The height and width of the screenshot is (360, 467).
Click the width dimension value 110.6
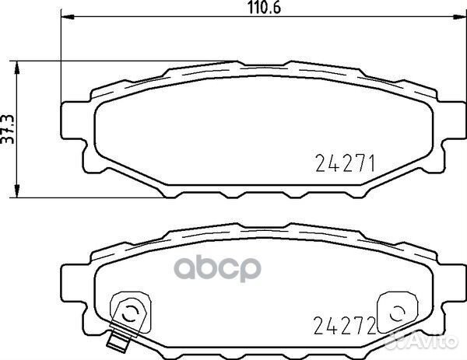[x=265, y=8]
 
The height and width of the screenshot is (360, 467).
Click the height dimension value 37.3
[x=8, y=129]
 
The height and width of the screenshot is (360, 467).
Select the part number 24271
[x=345, y=163]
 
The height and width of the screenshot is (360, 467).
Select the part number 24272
[x=344, y=325]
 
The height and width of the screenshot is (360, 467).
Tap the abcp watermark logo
[x=217, y=268]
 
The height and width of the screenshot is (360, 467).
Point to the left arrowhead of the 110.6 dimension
[x=67, y=17]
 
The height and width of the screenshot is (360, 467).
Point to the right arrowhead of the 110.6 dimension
[x=459, y=17]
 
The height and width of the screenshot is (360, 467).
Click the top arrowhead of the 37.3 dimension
[x=17, y=68]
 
